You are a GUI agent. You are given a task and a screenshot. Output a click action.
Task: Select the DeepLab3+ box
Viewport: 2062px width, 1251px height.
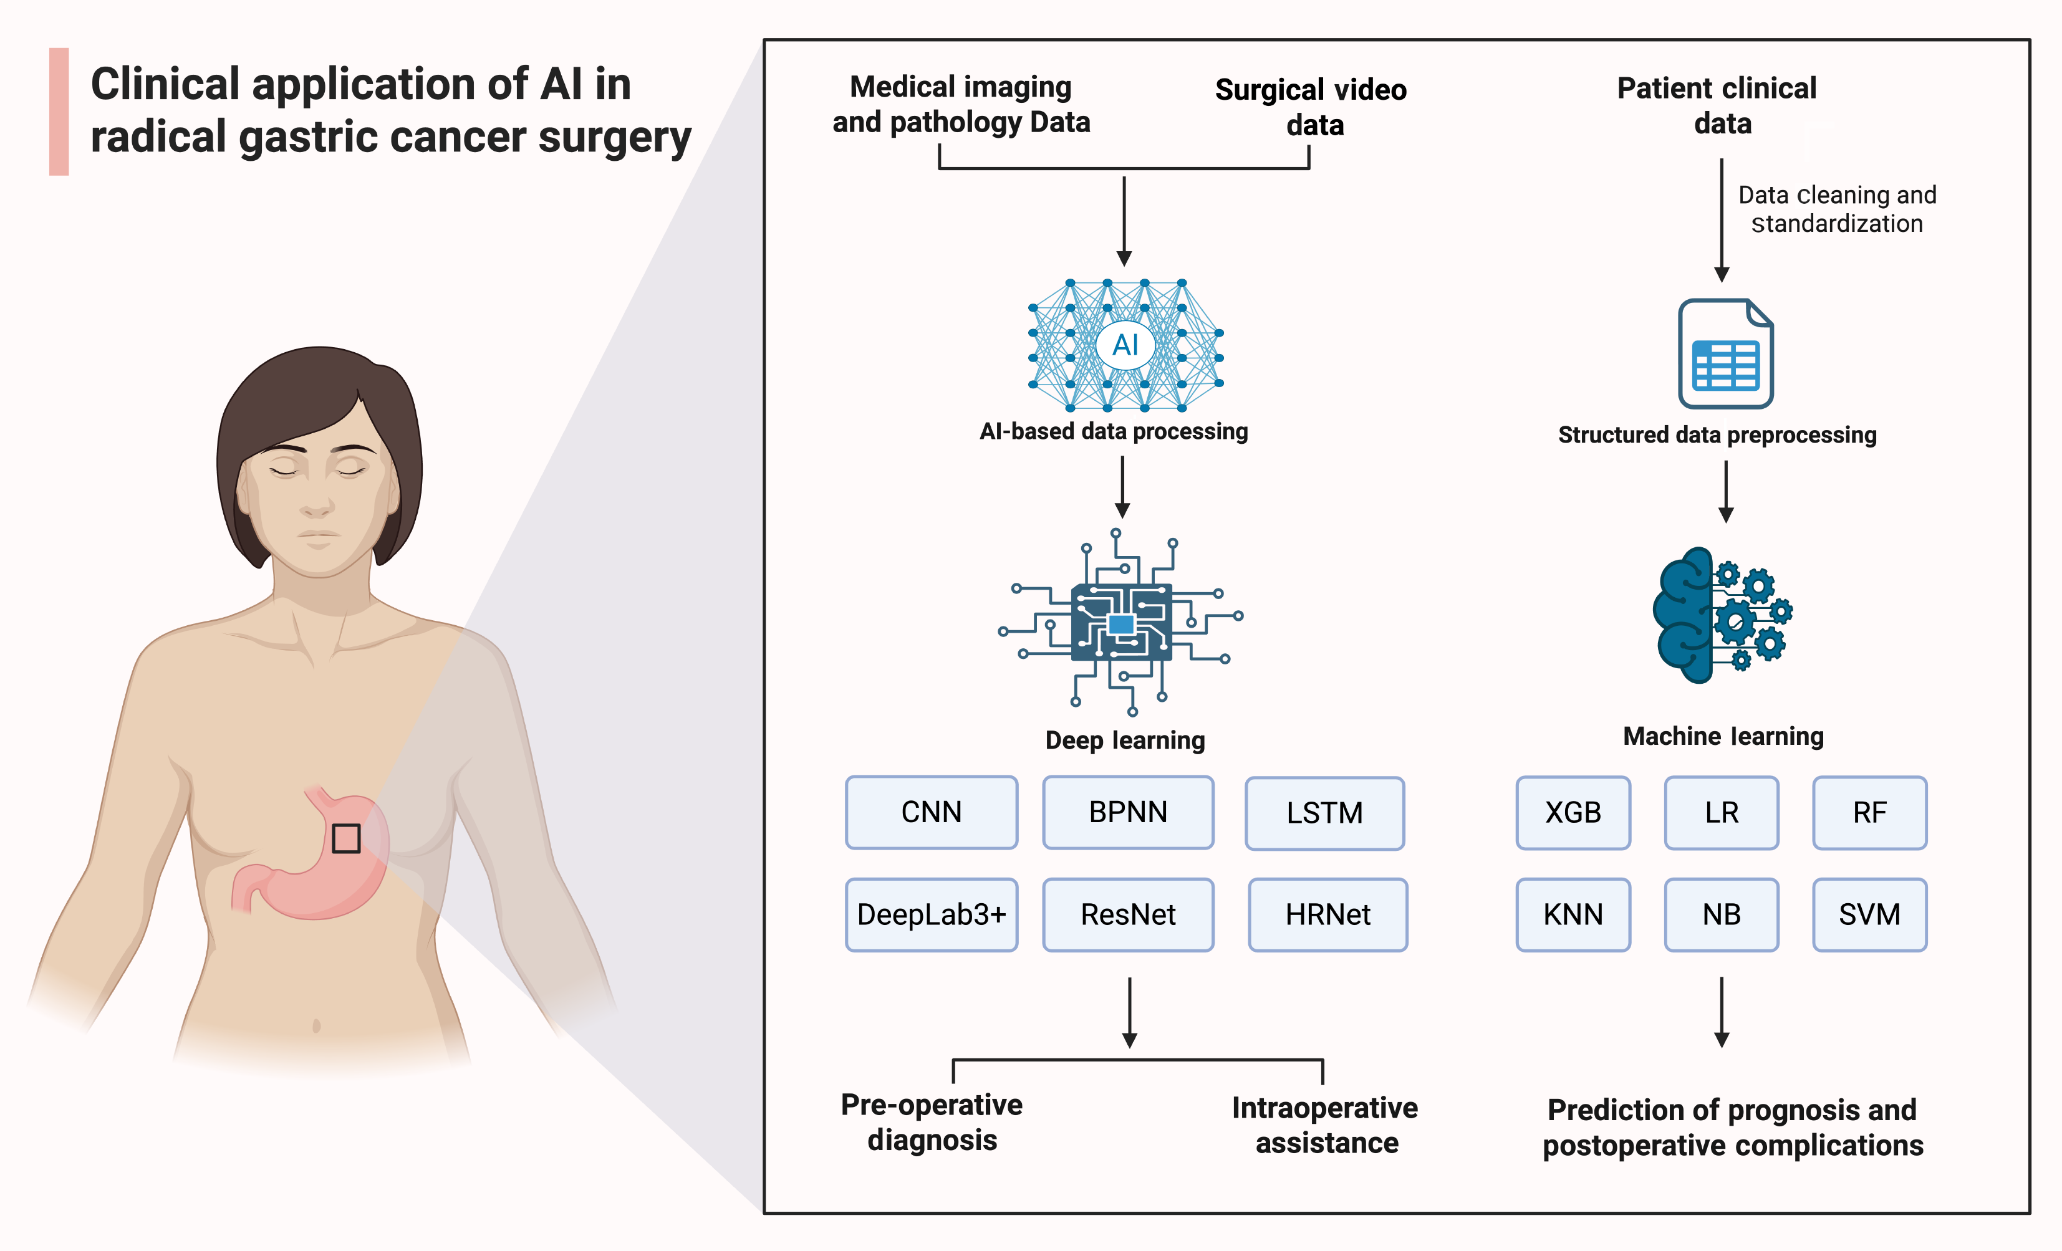(932, 914)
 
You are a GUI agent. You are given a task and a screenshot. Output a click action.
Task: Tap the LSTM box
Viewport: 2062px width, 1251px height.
(1325, 813)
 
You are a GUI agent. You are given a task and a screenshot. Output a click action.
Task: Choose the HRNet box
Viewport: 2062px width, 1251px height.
(1327, 914)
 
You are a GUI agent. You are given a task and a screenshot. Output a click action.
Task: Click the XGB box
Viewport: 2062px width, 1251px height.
(1573, 813)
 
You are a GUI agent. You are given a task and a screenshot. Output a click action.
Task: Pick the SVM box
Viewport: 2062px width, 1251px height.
(1869, 914)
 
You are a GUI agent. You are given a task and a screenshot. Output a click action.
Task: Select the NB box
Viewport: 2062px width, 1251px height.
(1722, 914)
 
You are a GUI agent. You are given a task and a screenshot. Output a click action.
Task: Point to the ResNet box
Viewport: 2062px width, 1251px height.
(1128, 914)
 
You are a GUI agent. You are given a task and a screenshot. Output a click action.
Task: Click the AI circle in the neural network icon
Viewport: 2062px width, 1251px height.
(1125, 345)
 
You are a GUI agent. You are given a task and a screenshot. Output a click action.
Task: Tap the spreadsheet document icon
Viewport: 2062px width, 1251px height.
(1725, 354)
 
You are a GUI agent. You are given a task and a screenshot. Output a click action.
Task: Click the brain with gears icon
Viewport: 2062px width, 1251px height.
(1722, 615)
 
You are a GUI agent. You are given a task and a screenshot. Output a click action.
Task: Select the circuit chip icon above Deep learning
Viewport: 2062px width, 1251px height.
(1121, 623)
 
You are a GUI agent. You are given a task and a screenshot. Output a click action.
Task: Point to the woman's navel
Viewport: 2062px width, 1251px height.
(316, 1026)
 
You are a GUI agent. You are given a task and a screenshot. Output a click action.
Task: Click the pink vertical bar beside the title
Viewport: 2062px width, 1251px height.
(59, 112)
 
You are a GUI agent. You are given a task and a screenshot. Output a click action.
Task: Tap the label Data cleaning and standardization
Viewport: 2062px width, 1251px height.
(1837, 209)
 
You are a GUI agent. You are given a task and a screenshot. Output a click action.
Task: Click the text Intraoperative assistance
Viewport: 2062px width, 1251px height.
(1326, 1126)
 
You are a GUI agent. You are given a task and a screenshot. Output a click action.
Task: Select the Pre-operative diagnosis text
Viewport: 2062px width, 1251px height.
(932, 1122)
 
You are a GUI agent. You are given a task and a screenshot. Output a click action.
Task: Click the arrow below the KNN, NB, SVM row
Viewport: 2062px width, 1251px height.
(1722, 1012)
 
